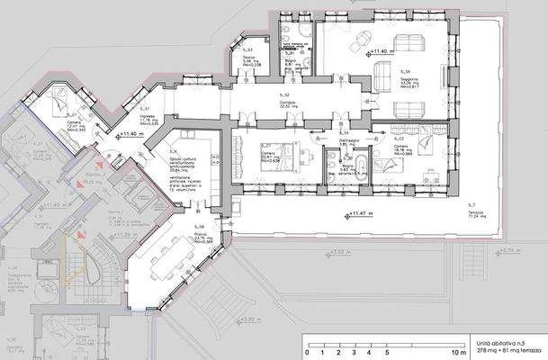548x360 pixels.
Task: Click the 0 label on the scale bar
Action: [308, 351]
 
